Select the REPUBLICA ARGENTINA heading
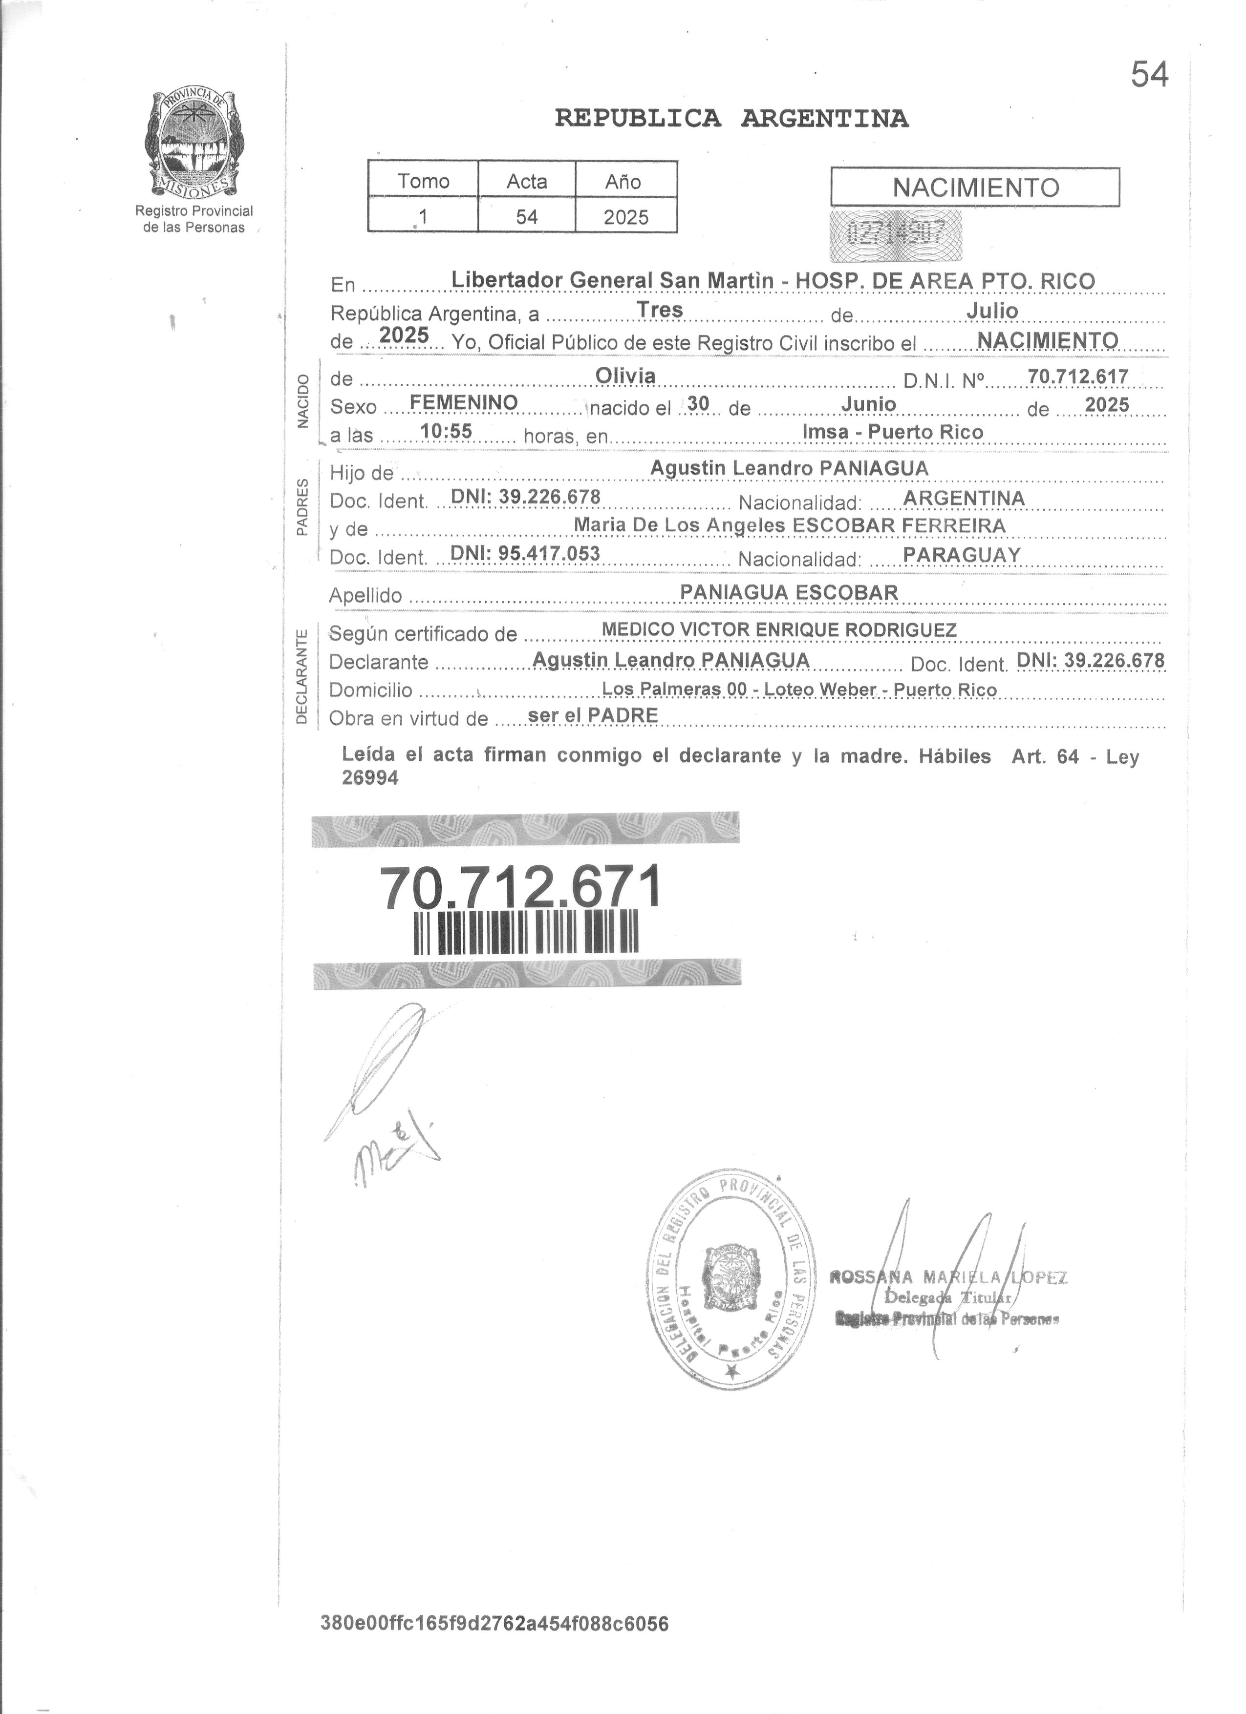[731, 119]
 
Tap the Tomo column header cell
[424, 181]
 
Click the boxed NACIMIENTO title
[975, 188]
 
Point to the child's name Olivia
[625, 376]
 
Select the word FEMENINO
[464, 403]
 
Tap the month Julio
[992, 311]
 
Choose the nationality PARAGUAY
[962, 555]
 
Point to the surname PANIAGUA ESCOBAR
[789, 592]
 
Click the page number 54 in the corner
[1149, 74]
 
